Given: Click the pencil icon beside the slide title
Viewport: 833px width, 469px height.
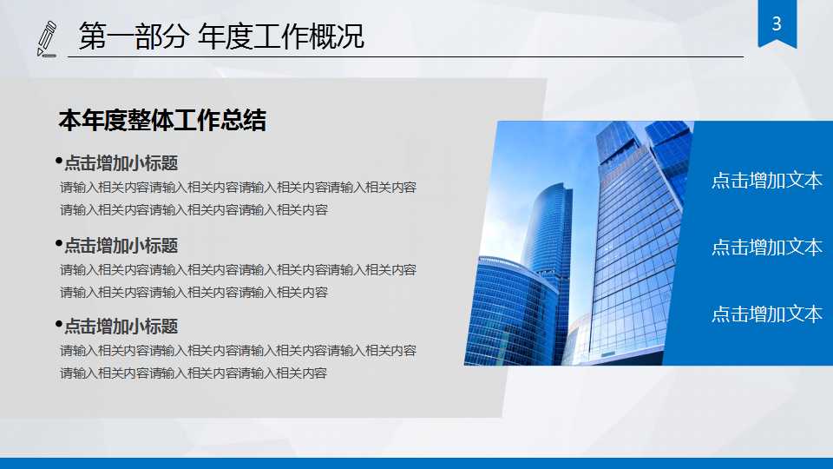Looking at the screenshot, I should (x=48, y=38).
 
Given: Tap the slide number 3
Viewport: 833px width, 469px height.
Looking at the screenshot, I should (x=777, y=23).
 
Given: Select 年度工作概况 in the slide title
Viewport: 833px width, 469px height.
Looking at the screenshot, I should (x=281, y=37).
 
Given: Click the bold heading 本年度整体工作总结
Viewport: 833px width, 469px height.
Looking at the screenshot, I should (x=162, y=121).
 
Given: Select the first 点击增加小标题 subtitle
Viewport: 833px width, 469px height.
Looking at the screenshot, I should (x=121, y=163).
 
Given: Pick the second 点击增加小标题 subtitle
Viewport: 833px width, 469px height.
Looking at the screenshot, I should (x=121, y=246).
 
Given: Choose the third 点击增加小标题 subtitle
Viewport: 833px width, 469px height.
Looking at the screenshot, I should (x=121, y=327).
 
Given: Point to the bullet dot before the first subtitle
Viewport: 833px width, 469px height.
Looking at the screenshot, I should (x=58, y=161).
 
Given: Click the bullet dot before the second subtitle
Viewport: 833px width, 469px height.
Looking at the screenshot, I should (x=58, y=243).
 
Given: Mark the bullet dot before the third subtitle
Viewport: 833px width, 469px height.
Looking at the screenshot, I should (x=58, y=324).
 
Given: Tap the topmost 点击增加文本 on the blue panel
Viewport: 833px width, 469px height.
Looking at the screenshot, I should (x=767, y=181).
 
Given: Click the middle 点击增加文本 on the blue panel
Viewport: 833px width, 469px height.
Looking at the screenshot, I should (x=767, y=248).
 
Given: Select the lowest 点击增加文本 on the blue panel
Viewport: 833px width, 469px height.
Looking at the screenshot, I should (x=767, y=314).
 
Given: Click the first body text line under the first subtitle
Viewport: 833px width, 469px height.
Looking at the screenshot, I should (x=238, y=187).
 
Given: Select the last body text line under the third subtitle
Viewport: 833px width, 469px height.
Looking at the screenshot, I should (x=193, y=373).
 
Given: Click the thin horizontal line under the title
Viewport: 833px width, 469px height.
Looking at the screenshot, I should (x=408, y=56).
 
